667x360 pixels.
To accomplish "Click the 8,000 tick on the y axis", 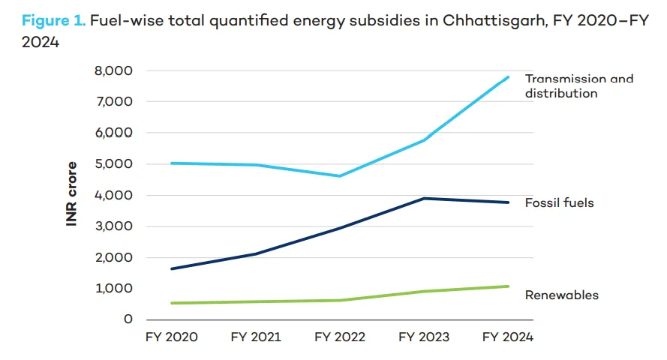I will [114, 70].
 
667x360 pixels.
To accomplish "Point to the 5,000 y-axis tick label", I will [114, 163].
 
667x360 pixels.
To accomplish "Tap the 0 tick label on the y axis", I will [128, 319].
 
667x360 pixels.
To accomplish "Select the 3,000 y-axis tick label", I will [114, 226].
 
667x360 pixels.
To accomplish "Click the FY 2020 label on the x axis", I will [172, 337].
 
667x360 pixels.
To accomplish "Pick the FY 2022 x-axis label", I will [340, 337].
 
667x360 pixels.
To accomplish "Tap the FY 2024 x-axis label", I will [508, 337].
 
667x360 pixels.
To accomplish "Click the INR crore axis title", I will [73, 193].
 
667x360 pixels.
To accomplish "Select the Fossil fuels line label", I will [560, 202].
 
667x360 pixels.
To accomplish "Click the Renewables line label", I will [562, 295].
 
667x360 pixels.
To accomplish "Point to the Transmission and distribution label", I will [578, 86].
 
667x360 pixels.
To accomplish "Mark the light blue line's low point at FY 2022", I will [340, 176].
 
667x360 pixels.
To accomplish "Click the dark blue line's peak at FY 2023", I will [424, 198].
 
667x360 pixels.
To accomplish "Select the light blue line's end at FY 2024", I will [508, 76].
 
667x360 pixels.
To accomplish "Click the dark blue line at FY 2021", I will [256, 253].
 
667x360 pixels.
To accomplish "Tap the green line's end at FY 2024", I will [508, 286].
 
